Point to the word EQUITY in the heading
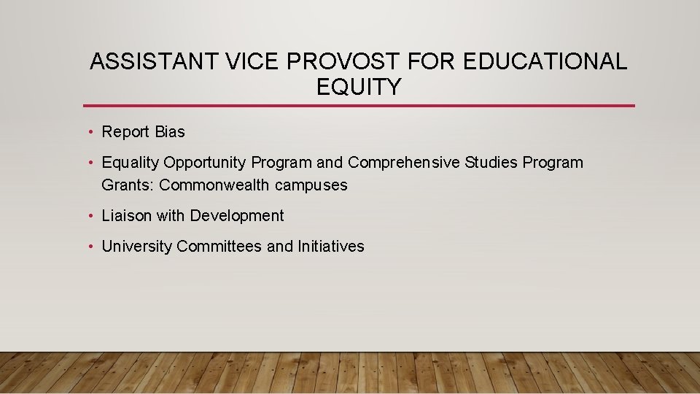[x=359, y=88]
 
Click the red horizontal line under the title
[x=359, y=106]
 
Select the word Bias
[x=170, y=132]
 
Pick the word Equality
[x=131, y=163]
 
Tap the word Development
[x=237, y=216]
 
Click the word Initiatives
[x=330, y=247]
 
